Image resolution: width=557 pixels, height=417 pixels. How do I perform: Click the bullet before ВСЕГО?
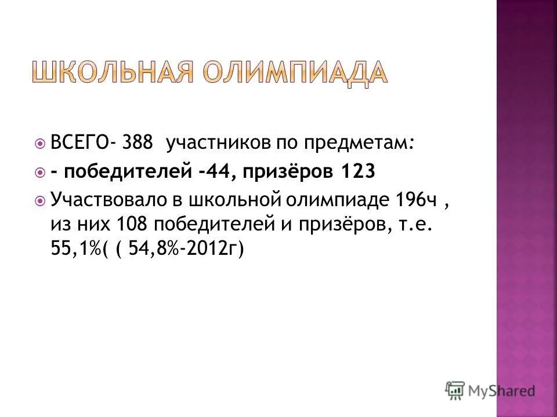point(39,144)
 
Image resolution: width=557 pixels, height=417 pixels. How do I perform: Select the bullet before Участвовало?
point(39,201)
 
